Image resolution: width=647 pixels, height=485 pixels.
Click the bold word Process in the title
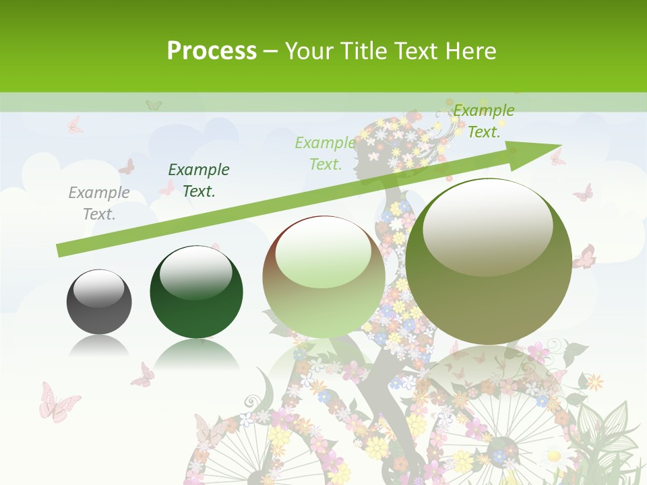click(x=212, y=51)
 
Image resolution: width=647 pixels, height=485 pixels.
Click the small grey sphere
click(x=99, y=302)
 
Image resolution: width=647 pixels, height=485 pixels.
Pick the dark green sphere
click(x=196, y=292)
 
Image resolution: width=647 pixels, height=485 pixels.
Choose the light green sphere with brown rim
click(x=323, y=277)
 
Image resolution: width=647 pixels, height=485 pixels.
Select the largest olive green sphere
click(x=489, y=261)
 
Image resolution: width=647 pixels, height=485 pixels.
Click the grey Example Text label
click(x=99, y=203)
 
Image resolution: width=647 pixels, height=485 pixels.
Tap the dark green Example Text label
click(x=198, y=181)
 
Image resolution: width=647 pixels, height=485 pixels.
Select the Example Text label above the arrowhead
click(x=483, y=121)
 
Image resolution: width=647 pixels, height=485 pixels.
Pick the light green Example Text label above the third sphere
click(x=326, y=153)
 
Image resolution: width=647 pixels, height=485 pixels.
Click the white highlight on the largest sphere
click(x=487, y=226)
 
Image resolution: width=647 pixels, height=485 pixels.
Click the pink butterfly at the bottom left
click(x=58, y=402)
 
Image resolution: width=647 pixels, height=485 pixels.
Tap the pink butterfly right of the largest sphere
click(x=585, y=257)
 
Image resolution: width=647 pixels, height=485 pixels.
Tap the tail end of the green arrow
click(x=61, y=251)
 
